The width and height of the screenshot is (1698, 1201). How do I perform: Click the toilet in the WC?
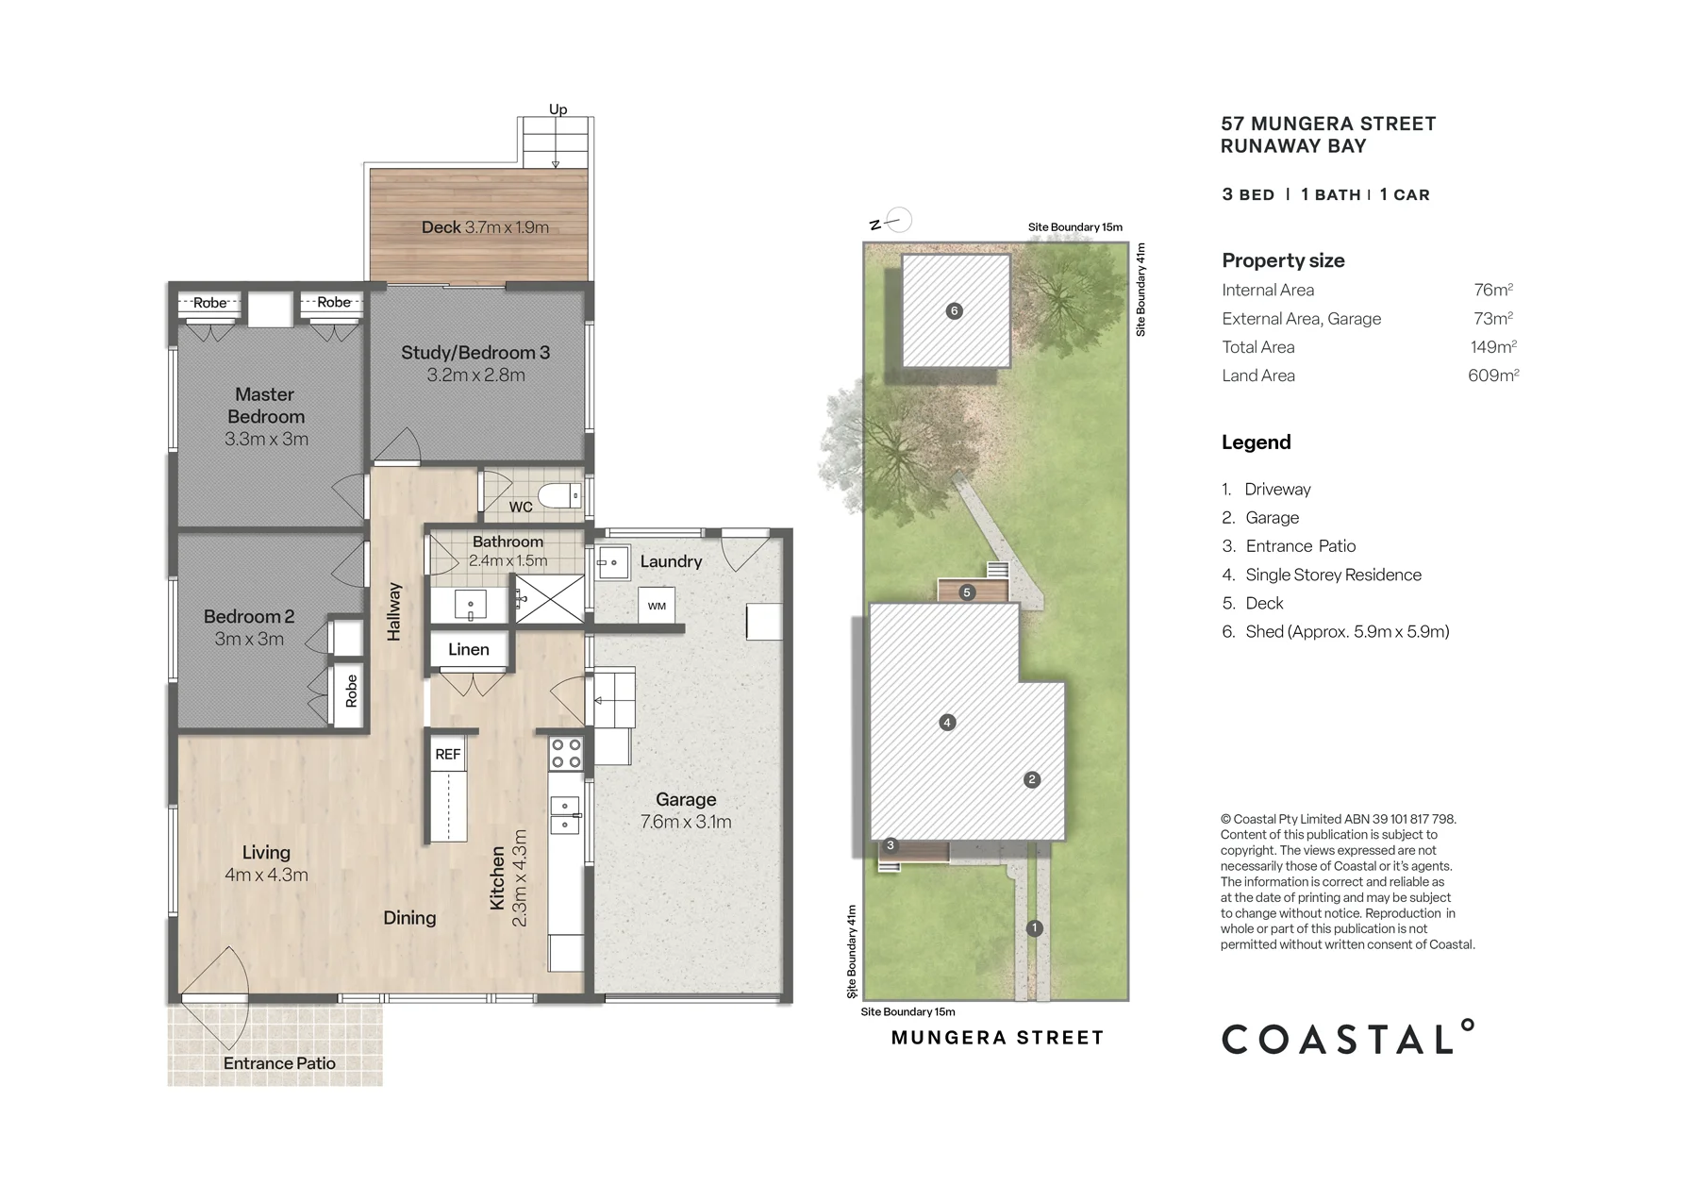click(x=559, y=495)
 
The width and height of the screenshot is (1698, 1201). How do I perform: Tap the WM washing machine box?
click(x=657, y=606)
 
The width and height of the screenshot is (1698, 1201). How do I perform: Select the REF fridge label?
click(x=448, y=754)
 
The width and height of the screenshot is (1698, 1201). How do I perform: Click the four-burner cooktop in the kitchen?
click(x=566, y=754)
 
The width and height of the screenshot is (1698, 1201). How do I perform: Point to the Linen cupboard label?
click(x=469, y=649)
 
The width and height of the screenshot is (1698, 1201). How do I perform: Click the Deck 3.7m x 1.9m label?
click(x=485, y=227)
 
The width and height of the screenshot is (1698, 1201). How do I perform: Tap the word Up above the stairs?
click(x=558, y=109)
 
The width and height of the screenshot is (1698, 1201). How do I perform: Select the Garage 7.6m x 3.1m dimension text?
click(x=686, y=822)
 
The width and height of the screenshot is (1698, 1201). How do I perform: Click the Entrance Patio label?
click(x=279, y=1063)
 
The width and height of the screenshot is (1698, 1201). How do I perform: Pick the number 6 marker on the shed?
click(x=955, y=310)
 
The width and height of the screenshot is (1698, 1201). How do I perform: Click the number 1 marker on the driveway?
click(x=1034, y=928)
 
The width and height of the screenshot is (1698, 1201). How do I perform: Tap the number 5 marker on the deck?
click(x=967, y=592)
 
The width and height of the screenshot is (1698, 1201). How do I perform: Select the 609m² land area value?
click(x=1493, y=375)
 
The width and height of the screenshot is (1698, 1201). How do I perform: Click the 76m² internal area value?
click(x=1493, y=290)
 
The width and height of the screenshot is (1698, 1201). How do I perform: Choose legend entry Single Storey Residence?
click(x=1333, y=575)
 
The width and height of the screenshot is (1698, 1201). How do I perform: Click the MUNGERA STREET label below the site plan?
click(x=997, y=1038)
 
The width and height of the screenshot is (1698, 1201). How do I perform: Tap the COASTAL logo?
click(x=1348, y=1037)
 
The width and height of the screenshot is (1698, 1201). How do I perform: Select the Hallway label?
click(x=394, y=611)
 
